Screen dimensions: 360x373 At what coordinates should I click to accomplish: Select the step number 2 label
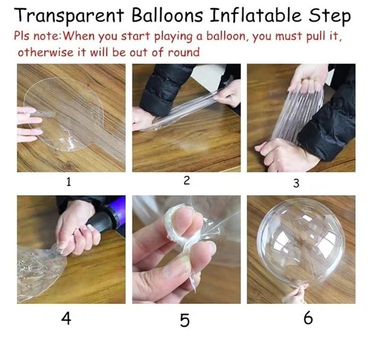click(x=186, y=181)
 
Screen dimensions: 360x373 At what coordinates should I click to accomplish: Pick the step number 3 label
click(x=296, y=183)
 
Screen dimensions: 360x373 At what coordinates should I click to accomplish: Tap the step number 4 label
click(x=66, y=318)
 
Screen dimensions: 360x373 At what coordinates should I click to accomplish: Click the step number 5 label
click(x=185, y=320)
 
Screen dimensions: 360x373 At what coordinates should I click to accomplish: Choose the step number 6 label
click(x=308, y=318)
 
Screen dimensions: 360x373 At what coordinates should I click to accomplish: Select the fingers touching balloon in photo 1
click(x=29, y=124)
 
